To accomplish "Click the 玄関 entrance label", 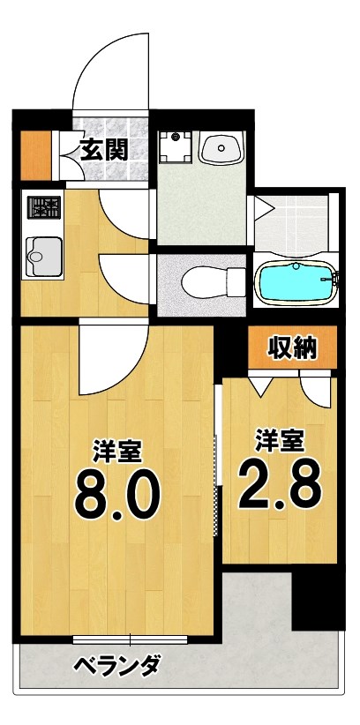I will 104,148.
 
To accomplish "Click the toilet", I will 212,282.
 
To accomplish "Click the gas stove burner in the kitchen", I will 43,209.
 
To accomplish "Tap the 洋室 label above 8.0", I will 117,452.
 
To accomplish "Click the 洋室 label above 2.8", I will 279,438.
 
